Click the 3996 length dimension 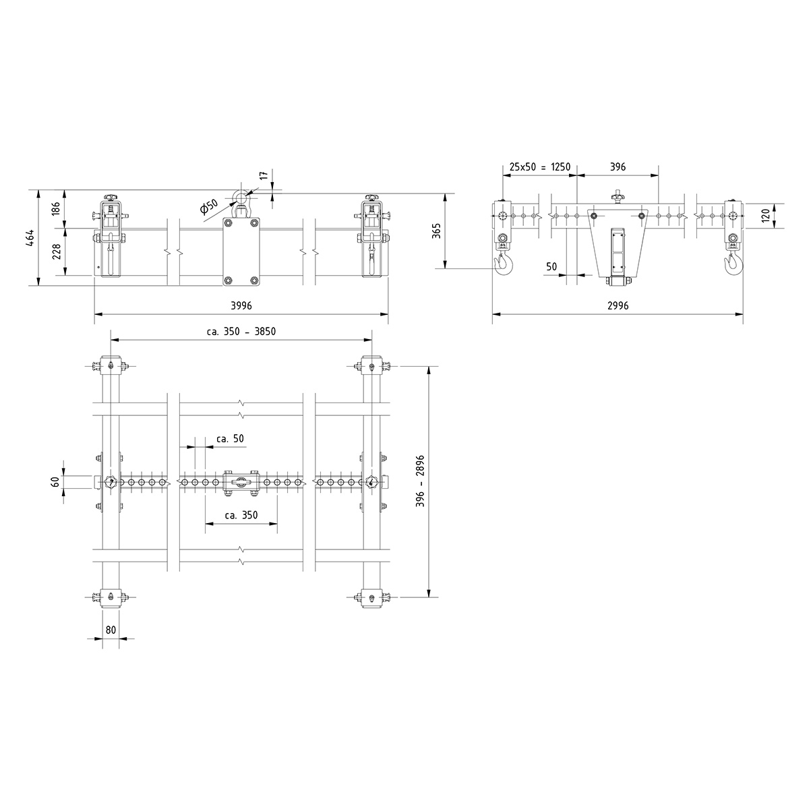[241, 305]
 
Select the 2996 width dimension [618, 305]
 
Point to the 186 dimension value [57, 208]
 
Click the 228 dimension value [57, 251]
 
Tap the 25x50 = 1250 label [540, 167]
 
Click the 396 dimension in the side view [618, 167]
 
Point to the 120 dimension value [765, 216]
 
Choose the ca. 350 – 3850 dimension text [241, 331]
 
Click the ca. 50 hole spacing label [230, 438]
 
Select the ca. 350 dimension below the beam [241, 515]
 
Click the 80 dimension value [111, 630]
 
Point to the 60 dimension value [56, 481]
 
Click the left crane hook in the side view [503, 264]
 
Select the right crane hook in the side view [733, 264]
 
